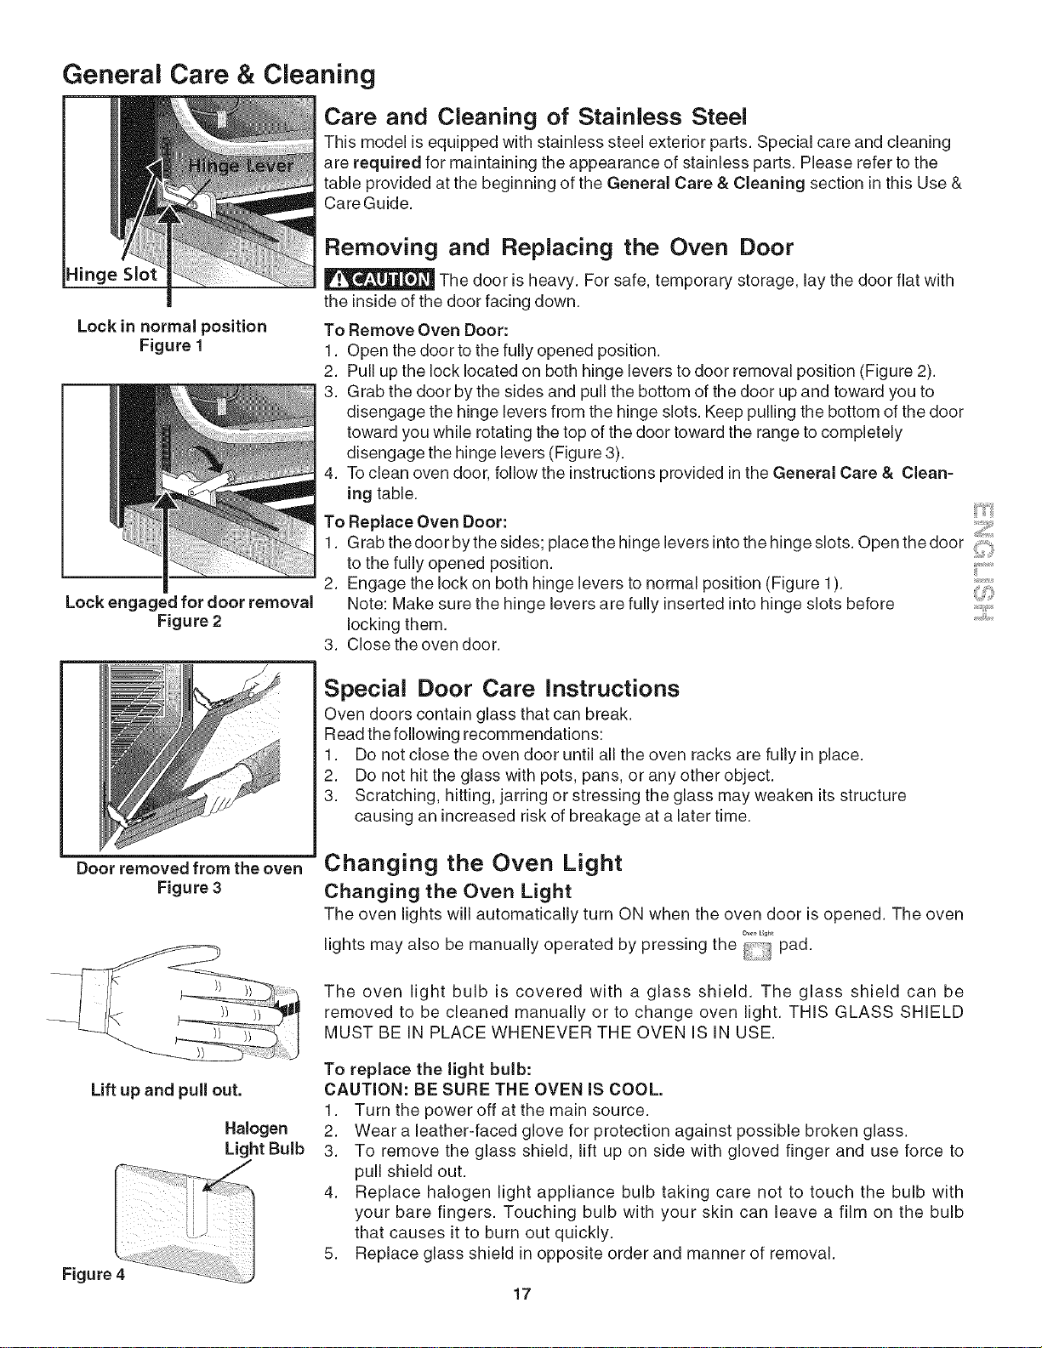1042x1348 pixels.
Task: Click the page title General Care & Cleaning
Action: tap(219, 75)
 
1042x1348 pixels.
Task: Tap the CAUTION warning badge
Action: tap(380, 281)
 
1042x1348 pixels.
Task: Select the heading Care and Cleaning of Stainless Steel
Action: tap(536, 117)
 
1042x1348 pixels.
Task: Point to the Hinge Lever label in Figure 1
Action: tap(241, 166)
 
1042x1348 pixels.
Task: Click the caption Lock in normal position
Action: tap(172, 327)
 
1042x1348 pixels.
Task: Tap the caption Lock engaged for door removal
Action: tap(189, 602)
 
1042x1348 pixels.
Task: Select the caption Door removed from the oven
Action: tap(189, 868)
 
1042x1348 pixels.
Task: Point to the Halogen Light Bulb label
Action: tap(265, 1138)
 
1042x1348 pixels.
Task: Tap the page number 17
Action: tap(522, 1294)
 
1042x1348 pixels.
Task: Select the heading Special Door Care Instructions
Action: tap(502, 689)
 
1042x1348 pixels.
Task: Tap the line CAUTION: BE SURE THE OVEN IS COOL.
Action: tap(493, 1090)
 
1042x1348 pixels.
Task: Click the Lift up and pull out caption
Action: tap(166, 1090)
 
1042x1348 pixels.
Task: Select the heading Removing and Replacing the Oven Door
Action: tap(559, 247)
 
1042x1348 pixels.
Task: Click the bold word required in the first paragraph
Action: tap(387, 163)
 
